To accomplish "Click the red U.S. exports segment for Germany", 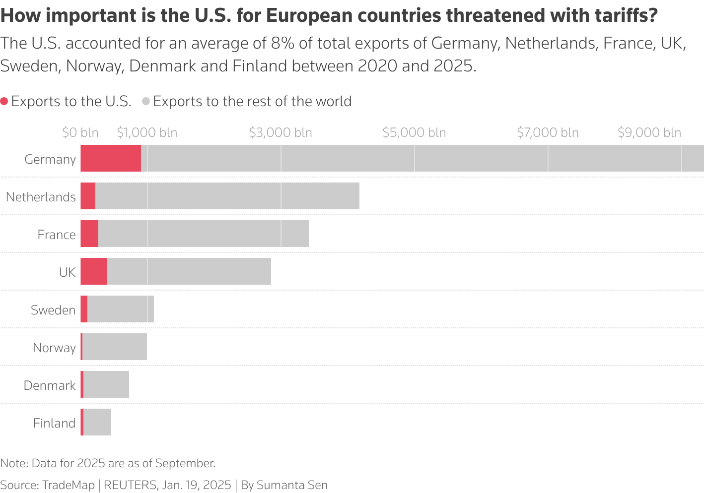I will [x=111, y=158].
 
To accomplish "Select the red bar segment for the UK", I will [x=94, y=271].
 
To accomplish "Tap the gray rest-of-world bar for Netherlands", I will [x=227, y=196].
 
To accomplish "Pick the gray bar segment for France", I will [x=203, y=234].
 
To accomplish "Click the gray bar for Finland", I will [x=97, y=422].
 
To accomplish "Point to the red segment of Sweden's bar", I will [x=84, y=309].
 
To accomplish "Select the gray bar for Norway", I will [x=115, y=347].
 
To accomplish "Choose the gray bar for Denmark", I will [x=106, y=384].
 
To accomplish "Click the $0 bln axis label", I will [x=80, y=132].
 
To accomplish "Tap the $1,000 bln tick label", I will [x=147, y=132].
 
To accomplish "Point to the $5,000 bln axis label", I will [x=414, y=132].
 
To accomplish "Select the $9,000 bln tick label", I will [x=649, y=132].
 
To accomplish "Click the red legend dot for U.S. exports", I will [x=4, y=102].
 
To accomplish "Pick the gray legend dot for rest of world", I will [x=146, y=102].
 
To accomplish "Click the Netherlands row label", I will [x=41, y=197].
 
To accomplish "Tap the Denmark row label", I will [x=50, y=385].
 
